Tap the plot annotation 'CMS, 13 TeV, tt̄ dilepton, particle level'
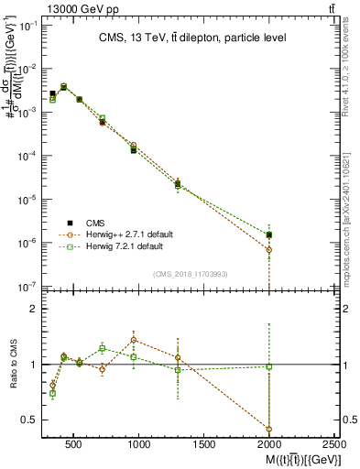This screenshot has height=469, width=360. click(x=192, y=38)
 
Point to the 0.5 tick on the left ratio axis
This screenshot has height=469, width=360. click(x=30, y=420)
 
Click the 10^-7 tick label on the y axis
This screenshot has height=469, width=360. click(x=27, y=287)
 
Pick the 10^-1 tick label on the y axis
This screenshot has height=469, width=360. click(x=27, y=25)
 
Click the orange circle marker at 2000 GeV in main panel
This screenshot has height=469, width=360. click(x=269, y=249)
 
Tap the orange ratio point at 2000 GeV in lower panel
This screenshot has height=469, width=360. click(x=269, y=429)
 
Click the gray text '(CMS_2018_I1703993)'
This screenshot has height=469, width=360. click(x=191, y=274)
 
